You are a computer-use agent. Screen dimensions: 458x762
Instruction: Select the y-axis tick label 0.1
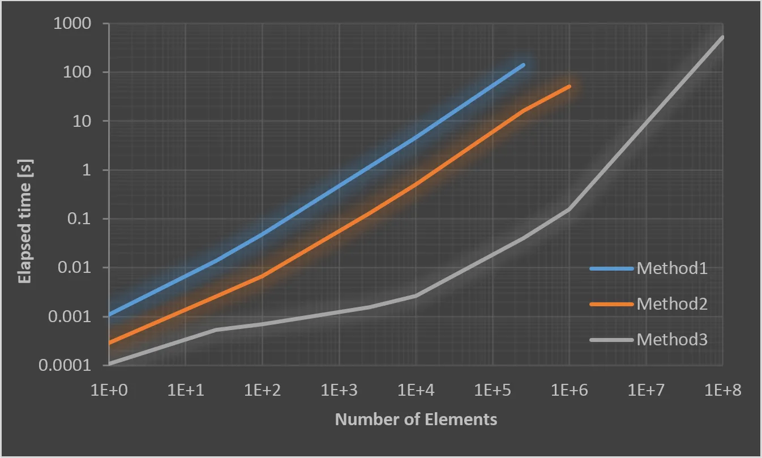coord(82,219)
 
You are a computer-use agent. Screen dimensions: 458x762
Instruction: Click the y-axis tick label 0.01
coord(77,268)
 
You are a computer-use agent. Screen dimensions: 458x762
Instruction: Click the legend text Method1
coord(672,268)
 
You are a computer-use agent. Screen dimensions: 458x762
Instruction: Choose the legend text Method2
coord(672,304)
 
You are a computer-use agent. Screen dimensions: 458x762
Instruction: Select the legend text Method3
coord(672,340)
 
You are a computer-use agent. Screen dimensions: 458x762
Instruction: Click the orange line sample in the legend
coord(611,304)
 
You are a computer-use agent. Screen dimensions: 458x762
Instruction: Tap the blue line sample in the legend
coord(611,268)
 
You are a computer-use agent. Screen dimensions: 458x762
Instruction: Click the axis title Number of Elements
coord(416,420)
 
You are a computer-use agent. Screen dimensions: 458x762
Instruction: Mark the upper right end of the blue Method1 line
coord(523,65)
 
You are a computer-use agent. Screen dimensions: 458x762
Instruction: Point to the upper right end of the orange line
coord(569,86)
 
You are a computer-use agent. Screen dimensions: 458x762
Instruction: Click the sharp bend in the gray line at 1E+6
coord(568,209)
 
